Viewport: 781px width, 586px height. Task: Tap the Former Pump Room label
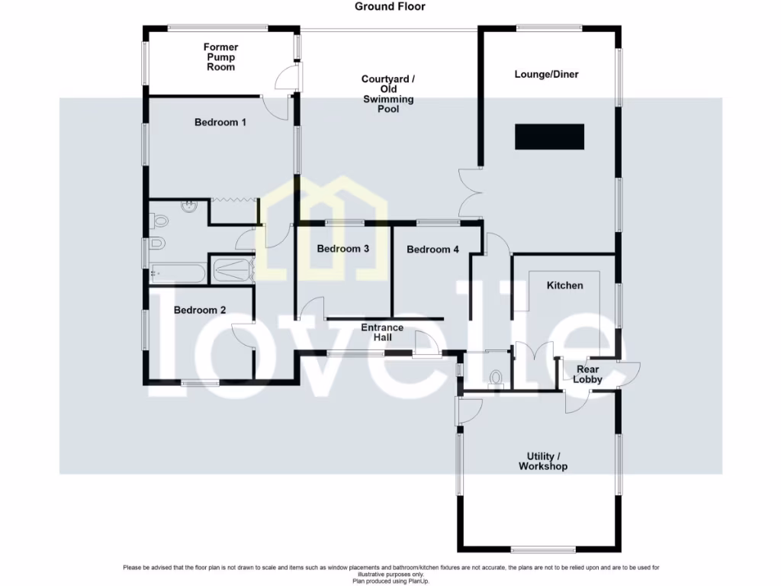220,57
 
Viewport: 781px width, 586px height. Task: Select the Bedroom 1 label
220,122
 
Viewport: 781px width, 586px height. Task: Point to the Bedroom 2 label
200,310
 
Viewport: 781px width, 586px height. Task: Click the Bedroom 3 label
343,249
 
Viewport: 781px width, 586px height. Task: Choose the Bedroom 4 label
433,250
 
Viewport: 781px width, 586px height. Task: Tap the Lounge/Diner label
546,75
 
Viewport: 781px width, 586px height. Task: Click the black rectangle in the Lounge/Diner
549,137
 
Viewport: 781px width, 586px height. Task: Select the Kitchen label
564,285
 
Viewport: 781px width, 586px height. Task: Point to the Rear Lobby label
587,375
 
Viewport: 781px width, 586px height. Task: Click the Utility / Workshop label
543,461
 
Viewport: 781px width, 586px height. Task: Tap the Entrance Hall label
382,333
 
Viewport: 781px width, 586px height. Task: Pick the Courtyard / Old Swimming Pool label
388,94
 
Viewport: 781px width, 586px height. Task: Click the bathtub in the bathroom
178,273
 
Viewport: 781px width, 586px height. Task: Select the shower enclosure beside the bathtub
231,269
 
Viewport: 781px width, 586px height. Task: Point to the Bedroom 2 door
243,336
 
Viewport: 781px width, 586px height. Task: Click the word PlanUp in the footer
439,581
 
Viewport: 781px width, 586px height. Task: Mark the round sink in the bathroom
188,205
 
